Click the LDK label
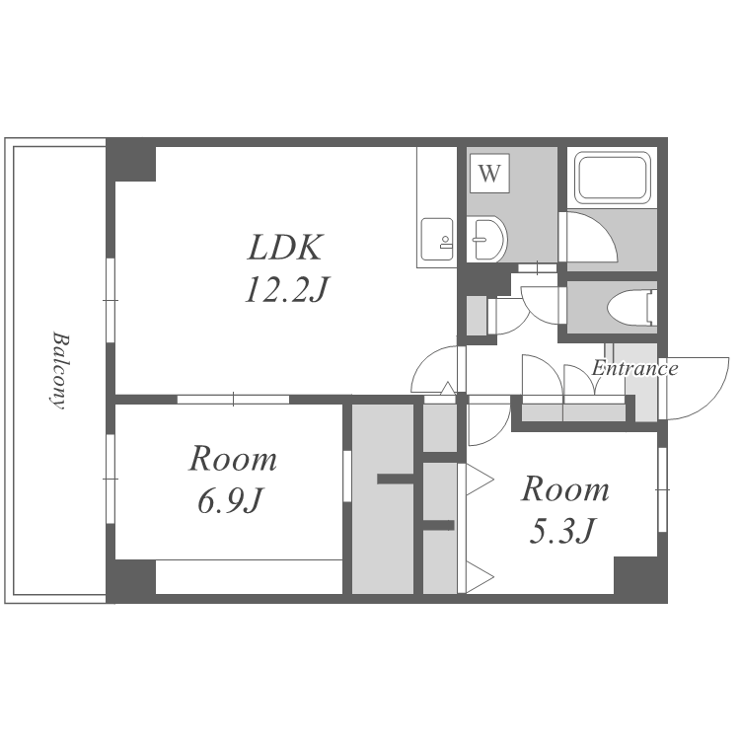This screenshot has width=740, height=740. [285, 248]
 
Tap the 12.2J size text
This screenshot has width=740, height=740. [286, 289]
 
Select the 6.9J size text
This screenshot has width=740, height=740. [229, 501]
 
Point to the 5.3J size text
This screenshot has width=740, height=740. [562, 531]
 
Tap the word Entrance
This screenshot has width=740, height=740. [635, 368]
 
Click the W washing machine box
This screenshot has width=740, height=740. [489, 173]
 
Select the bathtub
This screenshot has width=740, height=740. [612, 178]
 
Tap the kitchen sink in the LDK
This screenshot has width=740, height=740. [436, 239]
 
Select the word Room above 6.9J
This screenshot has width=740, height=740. [233, 459]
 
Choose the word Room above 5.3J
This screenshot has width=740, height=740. [565, 489]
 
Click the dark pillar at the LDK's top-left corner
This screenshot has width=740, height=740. [130, 161]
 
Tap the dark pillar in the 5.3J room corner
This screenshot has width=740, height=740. [640, 579]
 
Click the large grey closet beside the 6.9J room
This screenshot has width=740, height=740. [383, 499]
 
